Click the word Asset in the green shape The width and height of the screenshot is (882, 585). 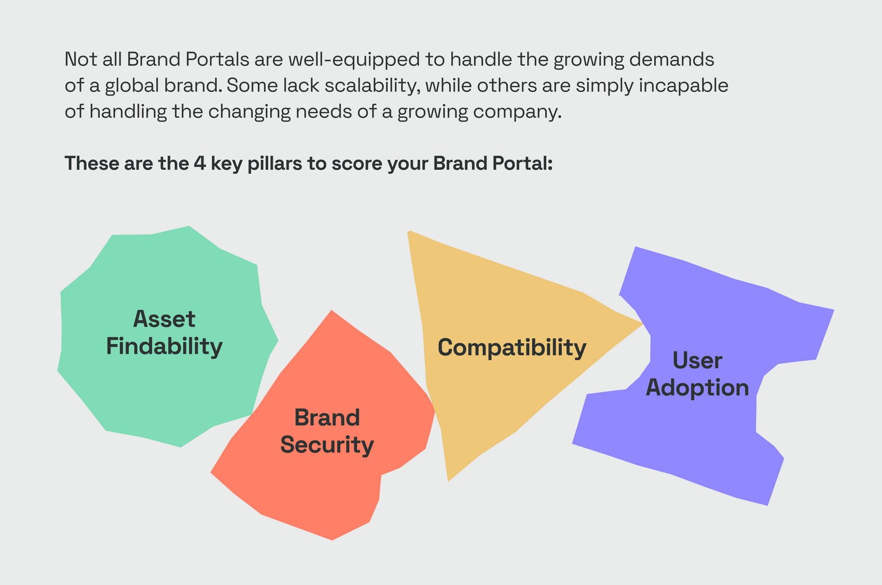tap(164, 319)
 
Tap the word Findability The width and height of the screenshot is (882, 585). tap(164, 347)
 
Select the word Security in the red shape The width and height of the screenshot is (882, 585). tap(327, 445)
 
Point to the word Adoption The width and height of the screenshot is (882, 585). tap(697, 388)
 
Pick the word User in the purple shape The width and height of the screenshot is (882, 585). tap(697, 360)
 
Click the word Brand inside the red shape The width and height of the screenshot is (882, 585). tap(327, 417)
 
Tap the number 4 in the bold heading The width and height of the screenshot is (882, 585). tap(200, 163)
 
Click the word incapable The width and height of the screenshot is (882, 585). tap(684, 86)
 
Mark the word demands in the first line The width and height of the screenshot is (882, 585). tap(672, 60)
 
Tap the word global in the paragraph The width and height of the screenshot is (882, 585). tap(131, 86)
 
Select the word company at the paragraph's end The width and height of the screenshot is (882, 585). tap(517, 112)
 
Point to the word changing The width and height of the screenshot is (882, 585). tap(250, 112)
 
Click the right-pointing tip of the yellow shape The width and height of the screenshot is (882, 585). tap(643, 324)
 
